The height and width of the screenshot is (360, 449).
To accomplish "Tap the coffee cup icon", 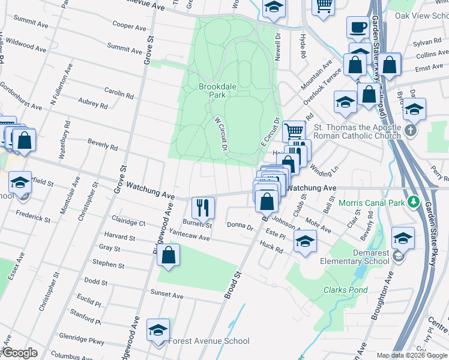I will coord(359,28).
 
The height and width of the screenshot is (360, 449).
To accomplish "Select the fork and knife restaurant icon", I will coord(203,208).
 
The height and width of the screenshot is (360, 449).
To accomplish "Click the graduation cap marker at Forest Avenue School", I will coord(158,330).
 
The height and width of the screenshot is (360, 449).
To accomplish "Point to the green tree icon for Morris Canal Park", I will coord(412,203).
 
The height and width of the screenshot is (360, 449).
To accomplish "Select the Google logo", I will coord(20,353).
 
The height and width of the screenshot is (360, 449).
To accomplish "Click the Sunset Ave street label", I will coord(167,295).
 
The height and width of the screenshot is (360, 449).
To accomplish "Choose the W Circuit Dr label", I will coord(220,134).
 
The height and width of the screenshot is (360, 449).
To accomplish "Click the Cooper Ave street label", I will coord(129,27).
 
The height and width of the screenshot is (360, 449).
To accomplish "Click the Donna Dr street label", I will coord(240,225).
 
